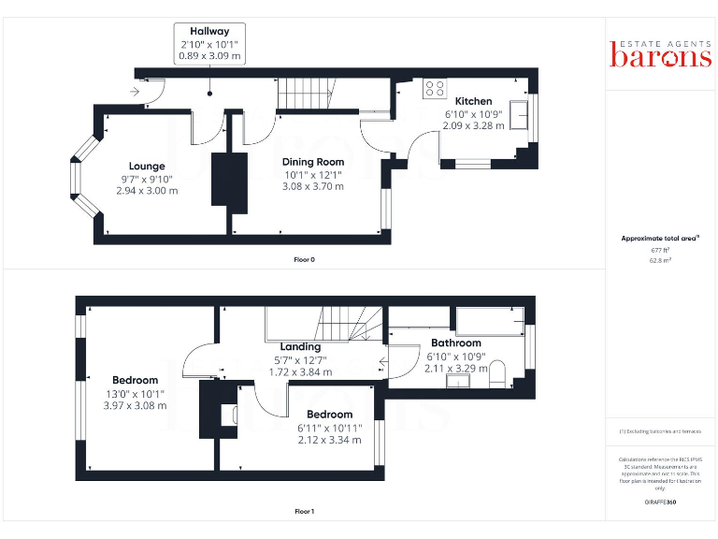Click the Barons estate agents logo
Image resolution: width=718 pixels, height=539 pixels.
[661, 53]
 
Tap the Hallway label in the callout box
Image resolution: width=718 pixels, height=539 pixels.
[209, 32]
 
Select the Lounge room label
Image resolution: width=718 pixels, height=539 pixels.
[147, 167]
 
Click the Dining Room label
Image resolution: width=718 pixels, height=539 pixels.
[313, 162]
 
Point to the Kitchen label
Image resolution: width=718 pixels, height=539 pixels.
[473, 101]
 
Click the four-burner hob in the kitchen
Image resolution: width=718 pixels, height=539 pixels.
[435, 89]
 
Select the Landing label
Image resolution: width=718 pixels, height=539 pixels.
[300, 346]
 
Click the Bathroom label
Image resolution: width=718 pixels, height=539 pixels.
[456, 343]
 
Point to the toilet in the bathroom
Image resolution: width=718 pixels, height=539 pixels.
[497, 372]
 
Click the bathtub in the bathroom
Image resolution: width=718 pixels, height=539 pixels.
[486, 320]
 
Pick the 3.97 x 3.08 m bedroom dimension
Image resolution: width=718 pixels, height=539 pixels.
[135, 405]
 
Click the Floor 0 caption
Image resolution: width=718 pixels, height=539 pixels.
[303, 259]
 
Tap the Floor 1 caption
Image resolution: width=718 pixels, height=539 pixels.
[303, 512]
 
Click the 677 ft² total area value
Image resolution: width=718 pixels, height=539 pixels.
[661, 251]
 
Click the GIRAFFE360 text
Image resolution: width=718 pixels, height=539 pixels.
[661, 503]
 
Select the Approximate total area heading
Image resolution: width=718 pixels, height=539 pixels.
[660, 239]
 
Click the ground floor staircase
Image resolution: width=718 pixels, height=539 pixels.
[309, 94]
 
